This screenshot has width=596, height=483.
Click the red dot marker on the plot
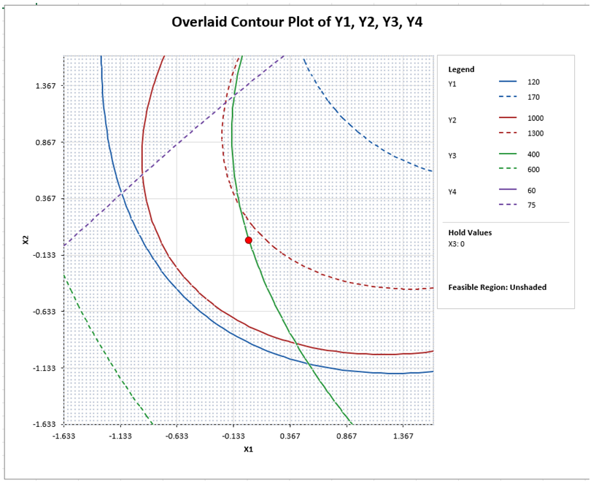(x=249, y=240)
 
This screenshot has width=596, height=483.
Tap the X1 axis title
(x=248, y=449)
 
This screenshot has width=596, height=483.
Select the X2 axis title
(x=26, y=239)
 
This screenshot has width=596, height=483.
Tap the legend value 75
(x=531, y=205)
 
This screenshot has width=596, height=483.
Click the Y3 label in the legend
(x=453, y=156)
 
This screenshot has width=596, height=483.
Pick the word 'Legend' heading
(x=461, y=70)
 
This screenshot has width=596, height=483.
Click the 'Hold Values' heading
(x=470, y=233)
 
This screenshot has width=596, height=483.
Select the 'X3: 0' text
(x=457, y=244)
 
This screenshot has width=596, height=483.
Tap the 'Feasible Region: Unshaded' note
(x=497, y=287)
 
